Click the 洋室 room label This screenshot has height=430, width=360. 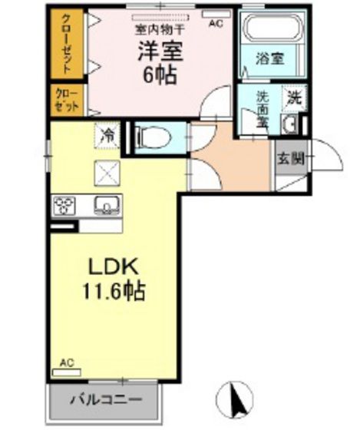click(x=159, y=51)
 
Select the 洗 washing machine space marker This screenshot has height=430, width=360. click(x=295, y=98)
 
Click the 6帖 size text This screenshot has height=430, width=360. click(x=159, y=75)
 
